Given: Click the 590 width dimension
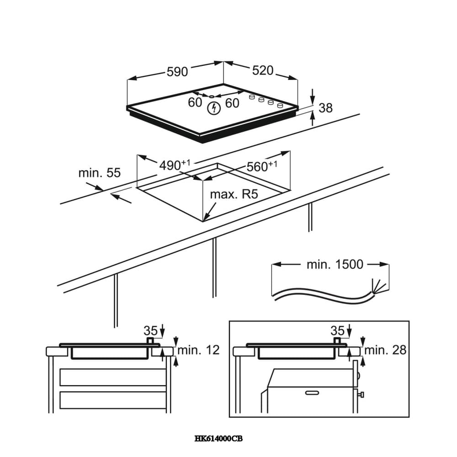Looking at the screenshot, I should tap(177, 72).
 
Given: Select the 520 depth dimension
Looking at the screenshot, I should tap(262, 70).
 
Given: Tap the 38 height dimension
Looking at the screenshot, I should tap(325, 108).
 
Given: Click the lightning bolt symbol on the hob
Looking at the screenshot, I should tap(213, 108).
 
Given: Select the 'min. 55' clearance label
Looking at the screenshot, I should tap(99, 173).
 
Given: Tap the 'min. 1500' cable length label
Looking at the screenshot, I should tap(335, 264).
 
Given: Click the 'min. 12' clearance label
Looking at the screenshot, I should tap(198, 350).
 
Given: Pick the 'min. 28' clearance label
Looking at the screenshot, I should tap(385, 350).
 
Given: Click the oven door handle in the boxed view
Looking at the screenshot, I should tap(312, 392).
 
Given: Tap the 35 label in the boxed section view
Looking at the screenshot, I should tap(337, 330).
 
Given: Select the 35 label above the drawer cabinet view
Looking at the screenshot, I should tap(150, 330).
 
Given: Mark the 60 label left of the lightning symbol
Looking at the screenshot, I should tap(195, 102).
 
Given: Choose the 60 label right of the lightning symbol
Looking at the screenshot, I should tap(232, 103).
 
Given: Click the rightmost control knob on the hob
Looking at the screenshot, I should tap(279, 106).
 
